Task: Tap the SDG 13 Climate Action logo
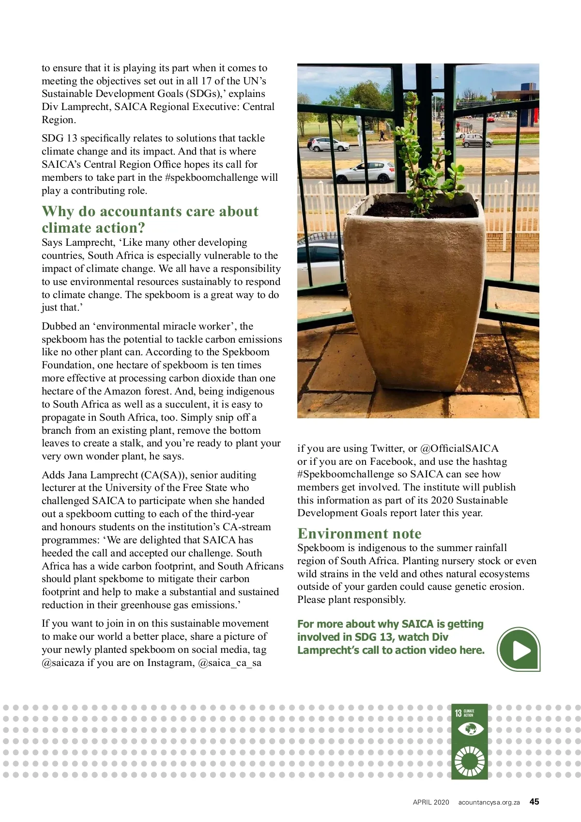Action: pyautogui.click(x=469, y=741)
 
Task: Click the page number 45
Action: pyautogui.click(x=534, y=802)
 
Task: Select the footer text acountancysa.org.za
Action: pyautogui.click(x=489, y=802)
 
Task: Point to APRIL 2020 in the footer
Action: pyautogui.click(x=431, y=802)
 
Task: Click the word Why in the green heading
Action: pyautogui.click(x=58, y=211)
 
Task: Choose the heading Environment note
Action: pyautogui.click(x=359, y=534)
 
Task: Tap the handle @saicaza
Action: pyautogui.click(x=63, y=663)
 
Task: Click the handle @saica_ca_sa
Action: pyautogui.click(x=229, y=663)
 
